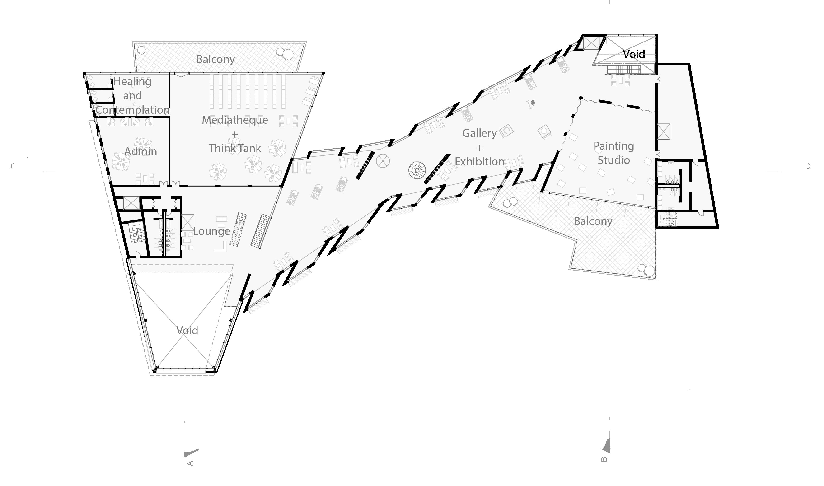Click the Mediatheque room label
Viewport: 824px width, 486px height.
pos(234,120)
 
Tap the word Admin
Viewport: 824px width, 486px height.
pos(140,151)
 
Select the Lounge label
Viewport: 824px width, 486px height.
pos(211,231)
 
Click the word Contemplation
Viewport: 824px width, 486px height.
pos(132,110)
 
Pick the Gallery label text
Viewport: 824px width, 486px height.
pos(479,133)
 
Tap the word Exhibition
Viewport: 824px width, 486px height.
pos(479,161)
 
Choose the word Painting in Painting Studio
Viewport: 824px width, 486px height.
pos(613,146)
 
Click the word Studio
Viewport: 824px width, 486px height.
pos(613,160)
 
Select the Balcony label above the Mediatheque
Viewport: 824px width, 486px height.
pos(215,59)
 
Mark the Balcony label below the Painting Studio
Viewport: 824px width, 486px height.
pos(593,221)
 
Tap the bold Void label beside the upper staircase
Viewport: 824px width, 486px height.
pos(634,54)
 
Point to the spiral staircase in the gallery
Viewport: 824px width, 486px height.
pos(417,170)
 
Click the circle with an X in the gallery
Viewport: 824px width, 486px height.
pos(383,161)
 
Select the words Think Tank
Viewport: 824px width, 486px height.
pos(234,148)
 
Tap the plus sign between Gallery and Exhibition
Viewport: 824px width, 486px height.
pos(479,148)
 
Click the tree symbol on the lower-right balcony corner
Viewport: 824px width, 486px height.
pos(646,270)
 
